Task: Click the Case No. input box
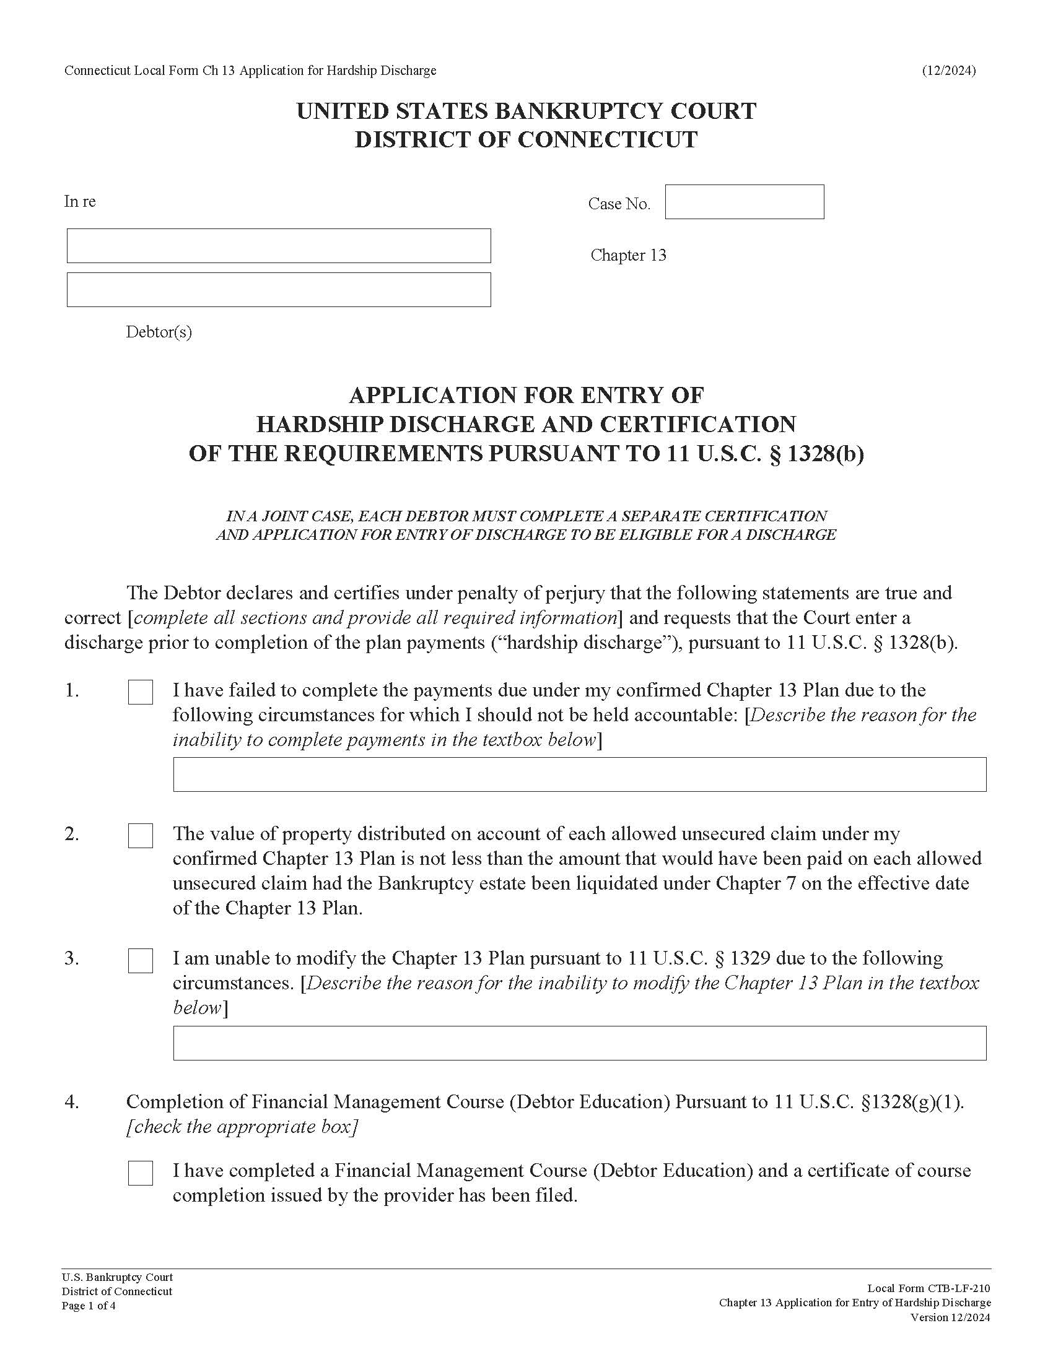coord(743,202)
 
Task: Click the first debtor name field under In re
coord(278,246)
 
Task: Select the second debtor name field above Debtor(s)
coord(278,289)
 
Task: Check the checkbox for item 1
coord(141,692)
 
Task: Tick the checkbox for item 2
coord(141,836)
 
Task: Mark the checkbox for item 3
coord(141,961)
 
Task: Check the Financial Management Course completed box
coord(141,1173)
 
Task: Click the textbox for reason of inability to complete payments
coord(579,774)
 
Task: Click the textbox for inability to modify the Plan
coord(579,1043)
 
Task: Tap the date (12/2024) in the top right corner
coord(948,71)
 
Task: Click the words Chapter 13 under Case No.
coord(628,255)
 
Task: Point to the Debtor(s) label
coord(159,332)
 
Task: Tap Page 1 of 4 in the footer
coord(88,1306)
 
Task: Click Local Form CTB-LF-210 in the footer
coord(928,1288)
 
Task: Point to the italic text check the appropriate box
coord(242,1126)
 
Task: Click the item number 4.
coord(72,1102)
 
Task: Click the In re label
coord(80,201)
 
